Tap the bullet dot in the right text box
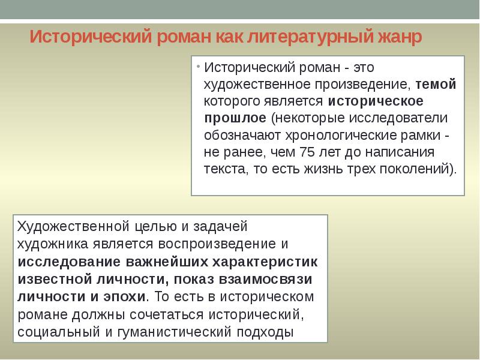click(198, 65)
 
